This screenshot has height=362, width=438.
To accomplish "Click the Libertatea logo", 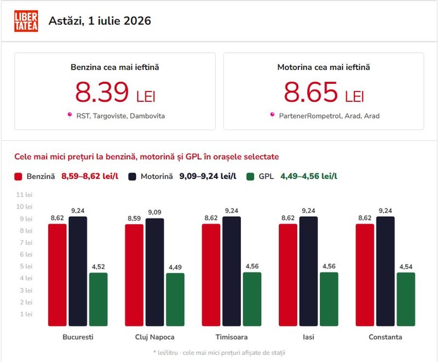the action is point(26,21).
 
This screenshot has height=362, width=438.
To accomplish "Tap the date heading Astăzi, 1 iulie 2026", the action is point(100,21).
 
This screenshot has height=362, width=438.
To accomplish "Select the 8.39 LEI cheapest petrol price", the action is point(115,92).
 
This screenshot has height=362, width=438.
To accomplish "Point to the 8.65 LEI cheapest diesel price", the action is point(324,92).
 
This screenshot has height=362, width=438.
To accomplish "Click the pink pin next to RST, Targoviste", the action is point(70,115).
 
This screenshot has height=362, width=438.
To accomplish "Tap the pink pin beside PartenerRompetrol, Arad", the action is point(272,115).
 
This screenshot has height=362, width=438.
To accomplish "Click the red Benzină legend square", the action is point(18,177).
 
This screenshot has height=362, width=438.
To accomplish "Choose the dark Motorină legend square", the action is point(132,177).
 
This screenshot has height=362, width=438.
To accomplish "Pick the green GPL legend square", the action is point(250,177).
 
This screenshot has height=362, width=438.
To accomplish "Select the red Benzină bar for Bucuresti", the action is point(57,275).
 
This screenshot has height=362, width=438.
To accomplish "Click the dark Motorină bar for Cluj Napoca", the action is point(154,272).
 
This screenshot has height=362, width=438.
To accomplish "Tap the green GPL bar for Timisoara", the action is point(252,299).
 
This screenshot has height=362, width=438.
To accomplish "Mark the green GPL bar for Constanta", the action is point(406,299).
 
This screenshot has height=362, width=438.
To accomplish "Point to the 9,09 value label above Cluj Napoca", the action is point(154,212).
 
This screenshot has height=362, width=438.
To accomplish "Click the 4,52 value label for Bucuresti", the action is point(99,267).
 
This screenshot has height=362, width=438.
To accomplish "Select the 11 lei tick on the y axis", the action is point(24,195).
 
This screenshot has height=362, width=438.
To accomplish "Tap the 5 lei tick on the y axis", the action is point(26,266).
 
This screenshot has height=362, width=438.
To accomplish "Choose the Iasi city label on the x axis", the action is point(308,337).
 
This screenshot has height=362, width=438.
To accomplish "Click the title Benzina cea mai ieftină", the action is point(115,67).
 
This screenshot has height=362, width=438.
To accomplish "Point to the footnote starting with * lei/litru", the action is point(219,353).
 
